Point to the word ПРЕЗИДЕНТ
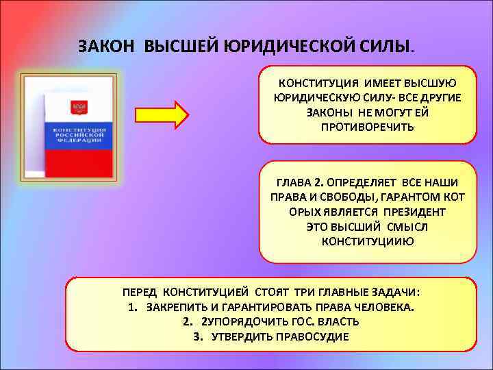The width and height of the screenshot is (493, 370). click(x=405, y=212)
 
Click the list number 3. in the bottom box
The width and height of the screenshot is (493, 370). click(x=199, y=336)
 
